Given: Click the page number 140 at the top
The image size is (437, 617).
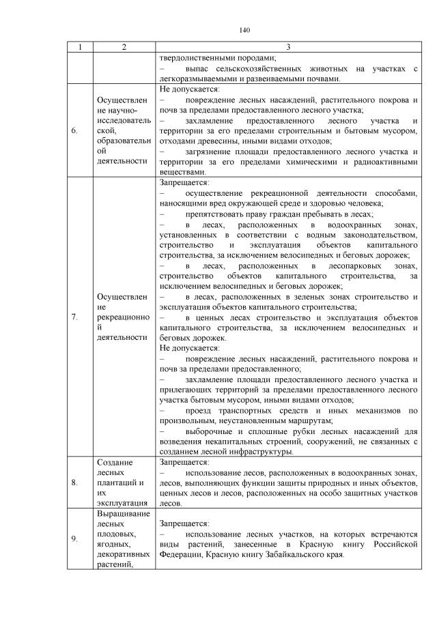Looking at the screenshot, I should point(246,30).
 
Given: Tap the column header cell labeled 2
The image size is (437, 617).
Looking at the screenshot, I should point(124,47).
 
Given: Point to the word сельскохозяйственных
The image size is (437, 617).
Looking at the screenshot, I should point(267,69).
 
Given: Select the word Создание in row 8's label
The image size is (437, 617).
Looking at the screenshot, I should point(113,463).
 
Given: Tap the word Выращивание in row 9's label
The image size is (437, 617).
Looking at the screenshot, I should point(120,512).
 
